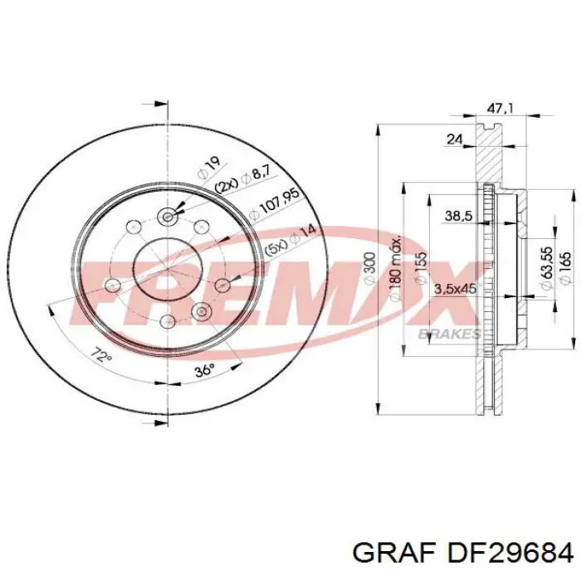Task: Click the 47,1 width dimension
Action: click(496, 108)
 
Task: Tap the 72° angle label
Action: click(101, 357)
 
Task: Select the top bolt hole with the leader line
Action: click(168, 217)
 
